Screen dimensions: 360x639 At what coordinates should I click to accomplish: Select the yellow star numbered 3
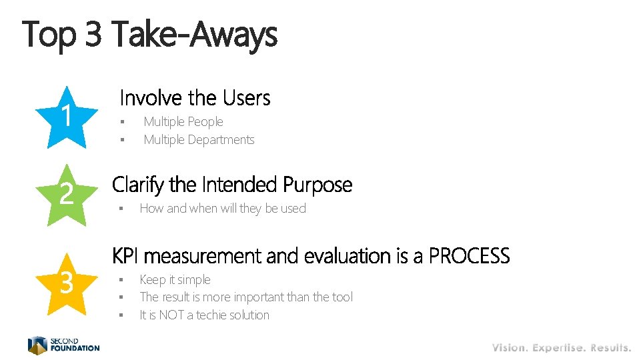[66, 283]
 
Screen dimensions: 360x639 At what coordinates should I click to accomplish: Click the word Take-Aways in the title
[194, 34]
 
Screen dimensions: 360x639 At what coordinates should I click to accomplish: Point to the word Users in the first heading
[246, 99]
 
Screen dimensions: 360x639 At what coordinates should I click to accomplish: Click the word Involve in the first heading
[151, 99]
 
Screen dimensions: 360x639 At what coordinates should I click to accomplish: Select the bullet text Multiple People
[183, 122]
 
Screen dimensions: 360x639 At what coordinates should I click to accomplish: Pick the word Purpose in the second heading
[317, 184]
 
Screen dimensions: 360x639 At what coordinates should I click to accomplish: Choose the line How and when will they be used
[223, 209]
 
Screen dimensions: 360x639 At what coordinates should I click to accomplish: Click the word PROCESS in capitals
[469, 256]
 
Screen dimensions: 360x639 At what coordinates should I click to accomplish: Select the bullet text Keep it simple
[175, 280]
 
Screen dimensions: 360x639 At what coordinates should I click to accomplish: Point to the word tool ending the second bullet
[342, 297]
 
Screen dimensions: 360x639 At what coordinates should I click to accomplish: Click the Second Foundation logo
[63, 345]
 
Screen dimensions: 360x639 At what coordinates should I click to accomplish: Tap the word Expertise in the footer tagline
[558, 348]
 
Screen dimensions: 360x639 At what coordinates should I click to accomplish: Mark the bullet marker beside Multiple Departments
[123, 140]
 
